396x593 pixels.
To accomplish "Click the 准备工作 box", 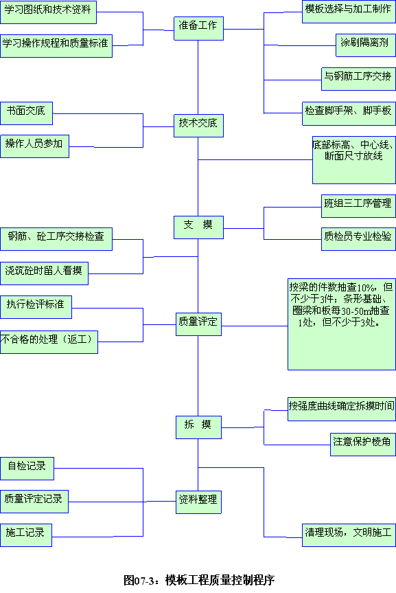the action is pos(198,28).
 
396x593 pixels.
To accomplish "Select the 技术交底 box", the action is pos(198,126).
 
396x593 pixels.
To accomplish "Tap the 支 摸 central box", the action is pos(198,227).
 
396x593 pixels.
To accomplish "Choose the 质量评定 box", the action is pos(198,324).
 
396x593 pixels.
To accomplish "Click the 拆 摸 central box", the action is pos(198,427).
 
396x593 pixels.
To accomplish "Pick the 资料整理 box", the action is pos(198,502).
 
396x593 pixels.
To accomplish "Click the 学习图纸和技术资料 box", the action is pos(48,12).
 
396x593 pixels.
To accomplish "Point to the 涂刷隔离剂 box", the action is pos(366,45).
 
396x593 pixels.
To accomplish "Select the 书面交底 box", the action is pos(27,113).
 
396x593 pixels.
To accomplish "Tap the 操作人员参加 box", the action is pos(34,146).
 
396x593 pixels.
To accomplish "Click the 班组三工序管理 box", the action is pos(358,206).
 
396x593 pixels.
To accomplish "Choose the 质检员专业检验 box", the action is pos(358,239).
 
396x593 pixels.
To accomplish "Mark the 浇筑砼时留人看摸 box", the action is pos(44,273).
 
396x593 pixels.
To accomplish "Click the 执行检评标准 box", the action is pos(36,307).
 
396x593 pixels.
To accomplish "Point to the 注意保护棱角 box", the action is pos(363,445).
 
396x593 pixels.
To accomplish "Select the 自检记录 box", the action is pos(27,469).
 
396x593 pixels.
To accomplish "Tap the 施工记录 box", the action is pos(25,535).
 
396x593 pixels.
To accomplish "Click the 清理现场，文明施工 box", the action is pos(349,535).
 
